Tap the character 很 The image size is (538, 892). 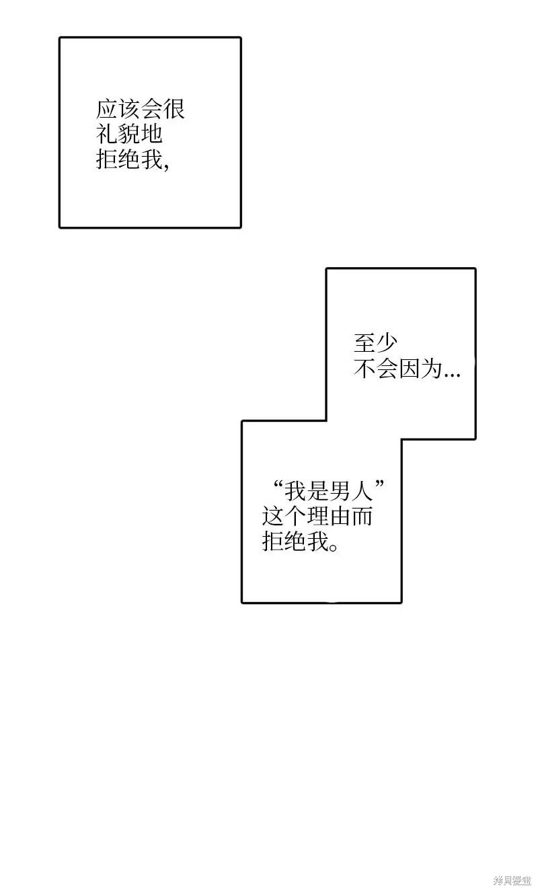174,109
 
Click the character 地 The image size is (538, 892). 152,134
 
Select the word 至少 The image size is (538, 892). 375,343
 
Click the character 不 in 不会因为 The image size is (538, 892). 364,369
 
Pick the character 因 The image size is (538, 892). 409,369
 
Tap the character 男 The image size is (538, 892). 339,491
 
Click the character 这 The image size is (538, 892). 273,516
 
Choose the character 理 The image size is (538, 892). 317,516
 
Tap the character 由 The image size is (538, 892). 340,516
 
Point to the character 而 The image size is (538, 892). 361,516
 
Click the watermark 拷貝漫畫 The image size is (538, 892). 512,880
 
